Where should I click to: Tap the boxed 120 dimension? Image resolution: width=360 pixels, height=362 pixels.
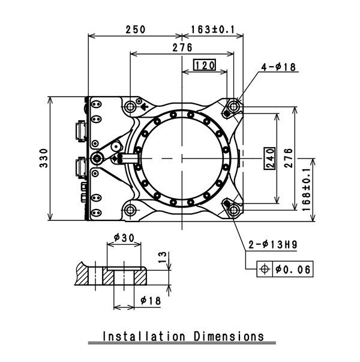204,65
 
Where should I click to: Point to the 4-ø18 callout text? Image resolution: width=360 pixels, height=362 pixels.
280,68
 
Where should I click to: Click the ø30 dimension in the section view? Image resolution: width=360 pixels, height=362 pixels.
124,238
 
